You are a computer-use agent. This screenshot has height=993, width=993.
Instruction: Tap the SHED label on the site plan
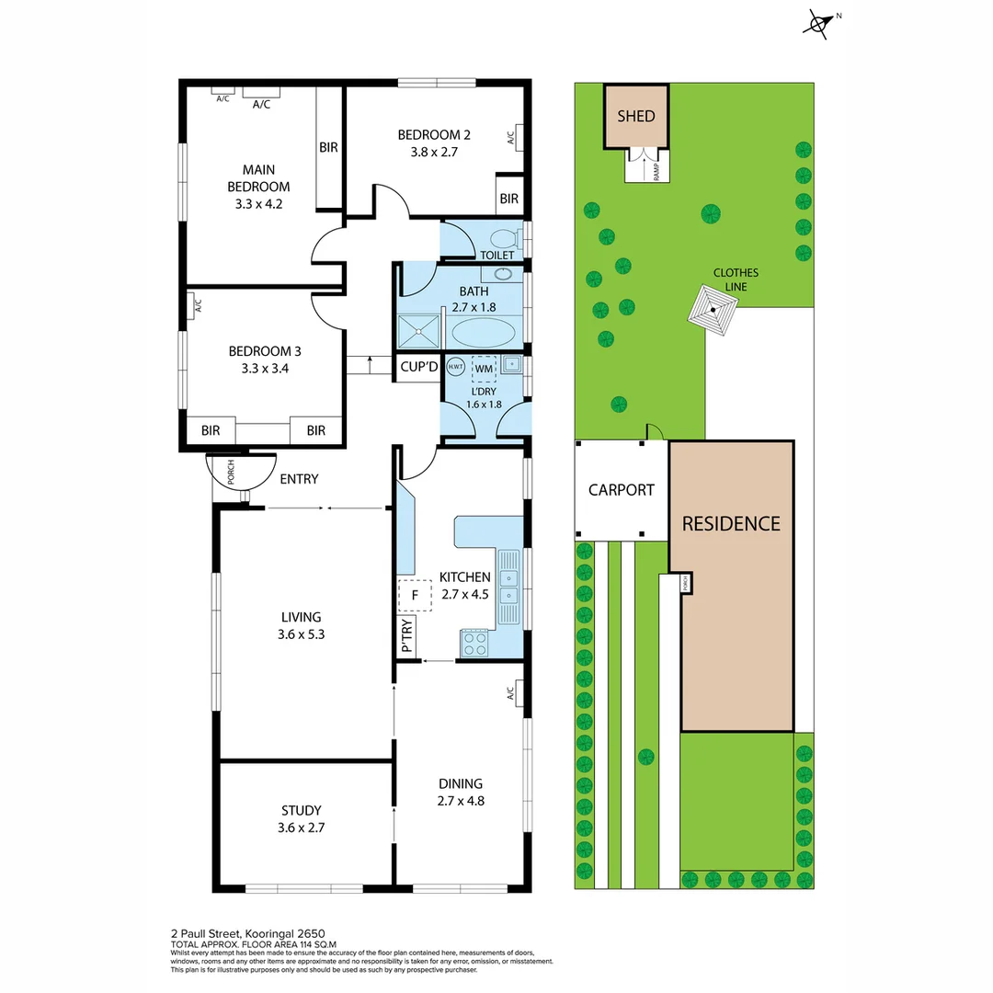tap(636, 116)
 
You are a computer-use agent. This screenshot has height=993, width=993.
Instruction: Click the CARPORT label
tap(622, 490)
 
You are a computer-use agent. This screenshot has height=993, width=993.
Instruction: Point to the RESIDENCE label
tap(731, 524)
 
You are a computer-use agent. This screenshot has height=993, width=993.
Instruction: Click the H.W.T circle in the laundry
tap(455, 367)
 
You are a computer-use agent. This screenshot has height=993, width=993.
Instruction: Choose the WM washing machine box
tap(484, 368)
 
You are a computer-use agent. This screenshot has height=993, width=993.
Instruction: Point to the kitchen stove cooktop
tap(474, 642)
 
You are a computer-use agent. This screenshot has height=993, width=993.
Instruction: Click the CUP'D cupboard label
tap(419, 367)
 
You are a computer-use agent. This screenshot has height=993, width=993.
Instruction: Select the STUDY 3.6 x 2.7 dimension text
tap(302, 827)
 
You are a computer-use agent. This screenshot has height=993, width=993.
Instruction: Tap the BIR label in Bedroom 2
tap(508, 199)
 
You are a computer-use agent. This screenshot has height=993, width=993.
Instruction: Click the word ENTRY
tap(299, 479)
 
